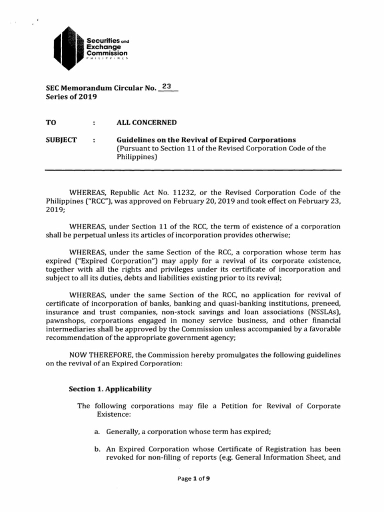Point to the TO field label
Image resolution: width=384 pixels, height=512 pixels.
click(x=51, y=123)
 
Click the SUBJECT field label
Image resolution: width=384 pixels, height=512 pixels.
click(x=61, y=139)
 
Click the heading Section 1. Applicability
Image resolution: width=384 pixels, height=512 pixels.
click(x=110, y=389)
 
